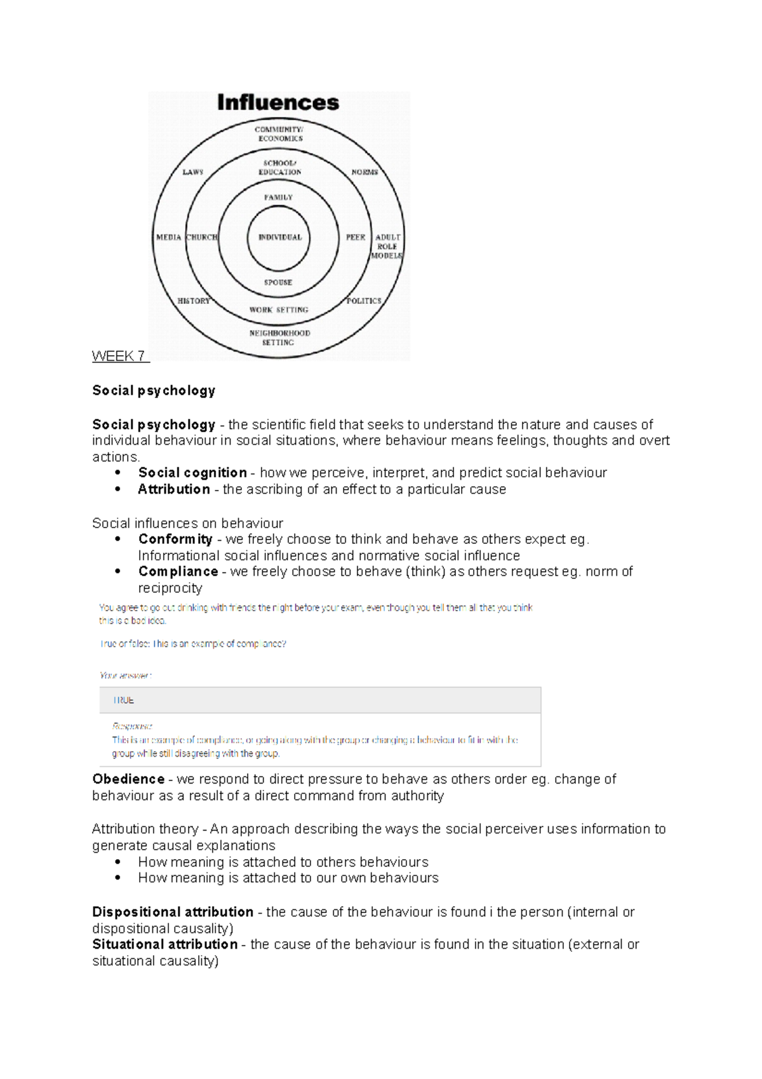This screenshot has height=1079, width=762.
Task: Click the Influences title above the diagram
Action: coord(278,102)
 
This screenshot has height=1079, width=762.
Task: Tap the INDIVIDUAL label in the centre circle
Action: coord(280,237)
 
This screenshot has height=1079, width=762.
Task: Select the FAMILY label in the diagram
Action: coord(278,197)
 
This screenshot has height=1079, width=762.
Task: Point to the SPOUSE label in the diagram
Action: coord(278,282)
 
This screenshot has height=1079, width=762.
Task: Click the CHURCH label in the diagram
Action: coord(201,237)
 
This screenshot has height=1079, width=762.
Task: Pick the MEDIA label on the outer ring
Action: coord(168,237)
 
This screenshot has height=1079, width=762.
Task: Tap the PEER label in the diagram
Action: coord(356,237)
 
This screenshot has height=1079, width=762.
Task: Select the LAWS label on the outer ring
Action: coord(193,172)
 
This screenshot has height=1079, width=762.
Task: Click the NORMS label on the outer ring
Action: coord(364,172)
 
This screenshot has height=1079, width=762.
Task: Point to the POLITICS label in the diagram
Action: coord(364,301)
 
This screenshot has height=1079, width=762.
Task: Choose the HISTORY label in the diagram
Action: coord(194,301)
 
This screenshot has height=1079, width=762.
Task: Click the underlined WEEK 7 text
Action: coord(119,356)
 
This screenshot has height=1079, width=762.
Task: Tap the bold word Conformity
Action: coord(175,539)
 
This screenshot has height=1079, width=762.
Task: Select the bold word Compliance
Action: coord(178,571)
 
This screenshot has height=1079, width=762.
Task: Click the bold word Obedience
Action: coord(128,779)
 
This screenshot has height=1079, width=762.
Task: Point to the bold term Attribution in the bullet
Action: coord(174,489)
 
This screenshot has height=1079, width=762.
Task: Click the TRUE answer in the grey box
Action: coord(123,700)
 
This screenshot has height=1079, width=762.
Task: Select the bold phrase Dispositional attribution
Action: coord(173,912)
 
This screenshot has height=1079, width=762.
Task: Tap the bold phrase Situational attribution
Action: coord(165,944)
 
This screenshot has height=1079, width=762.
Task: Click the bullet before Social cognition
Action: coord(117,473)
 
